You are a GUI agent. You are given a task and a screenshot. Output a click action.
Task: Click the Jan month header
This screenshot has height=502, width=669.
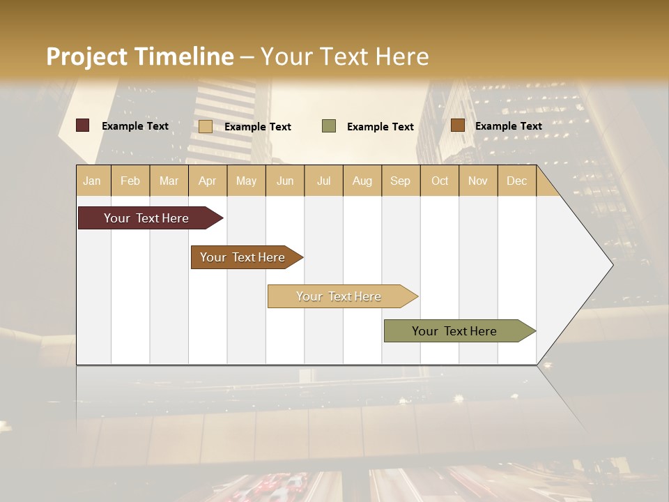92,181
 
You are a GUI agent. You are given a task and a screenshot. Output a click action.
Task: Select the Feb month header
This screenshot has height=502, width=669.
130,181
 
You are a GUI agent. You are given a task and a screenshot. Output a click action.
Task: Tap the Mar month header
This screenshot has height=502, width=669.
169,181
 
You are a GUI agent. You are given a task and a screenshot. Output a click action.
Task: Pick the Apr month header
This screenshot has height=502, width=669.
208,181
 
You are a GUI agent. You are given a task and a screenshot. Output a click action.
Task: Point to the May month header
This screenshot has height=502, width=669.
246,181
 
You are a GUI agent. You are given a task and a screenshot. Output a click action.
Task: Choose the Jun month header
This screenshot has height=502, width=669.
285,181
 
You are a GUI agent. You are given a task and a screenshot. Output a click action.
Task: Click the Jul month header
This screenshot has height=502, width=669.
323,181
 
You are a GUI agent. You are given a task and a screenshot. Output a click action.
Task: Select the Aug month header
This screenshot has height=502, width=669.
362,181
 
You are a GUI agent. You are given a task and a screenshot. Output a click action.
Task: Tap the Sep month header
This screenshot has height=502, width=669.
401,181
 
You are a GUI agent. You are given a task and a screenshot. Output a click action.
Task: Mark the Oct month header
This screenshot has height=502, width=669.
440,181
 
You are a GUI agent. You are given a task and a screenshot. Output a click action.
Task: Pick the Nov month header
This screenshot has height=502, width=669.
478,181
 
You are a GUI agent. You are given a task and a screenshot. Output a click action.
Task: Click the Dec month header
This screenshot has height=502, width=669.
517,181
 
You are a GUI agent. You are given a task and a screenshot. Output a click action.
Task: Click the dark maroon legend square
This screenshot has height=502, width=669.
83,125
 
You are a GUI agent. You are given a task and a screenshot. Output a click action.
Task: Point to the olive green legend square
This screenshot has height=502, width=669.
329,126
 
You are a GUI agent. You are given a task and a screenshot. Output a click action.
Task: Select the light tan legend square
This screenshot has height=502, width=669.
206,126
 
